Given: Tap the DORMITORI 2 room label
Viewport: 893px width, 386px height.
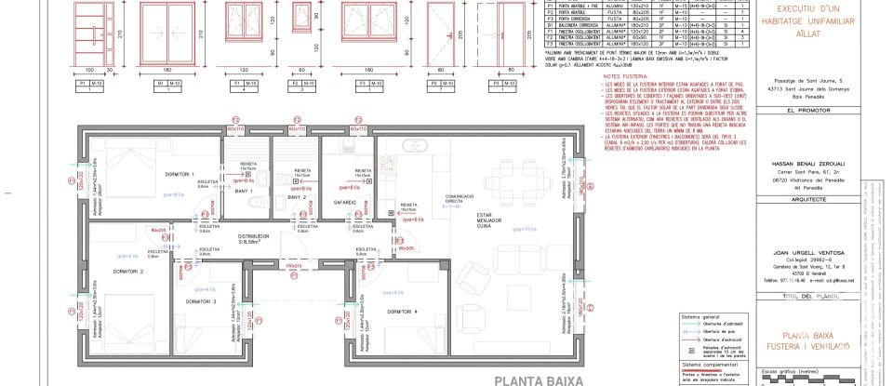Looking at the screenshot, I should tap(127, 272).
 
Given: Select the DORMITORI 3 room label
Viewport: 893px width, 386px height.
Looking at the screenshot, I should tap(200, 301).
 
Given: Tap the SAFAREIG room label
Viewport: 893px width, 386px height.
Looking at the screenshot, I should tap(344, 174).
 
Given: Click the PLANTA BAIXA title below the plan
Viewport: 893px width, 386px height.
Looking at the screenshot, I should tap(538, 379).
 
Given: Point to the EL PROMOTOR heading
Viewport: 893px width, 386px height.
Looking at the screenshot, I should tap(807, 110).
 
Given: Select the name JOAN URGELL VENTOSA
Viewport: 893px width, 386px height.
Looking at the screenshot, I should tap(807, 252).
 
